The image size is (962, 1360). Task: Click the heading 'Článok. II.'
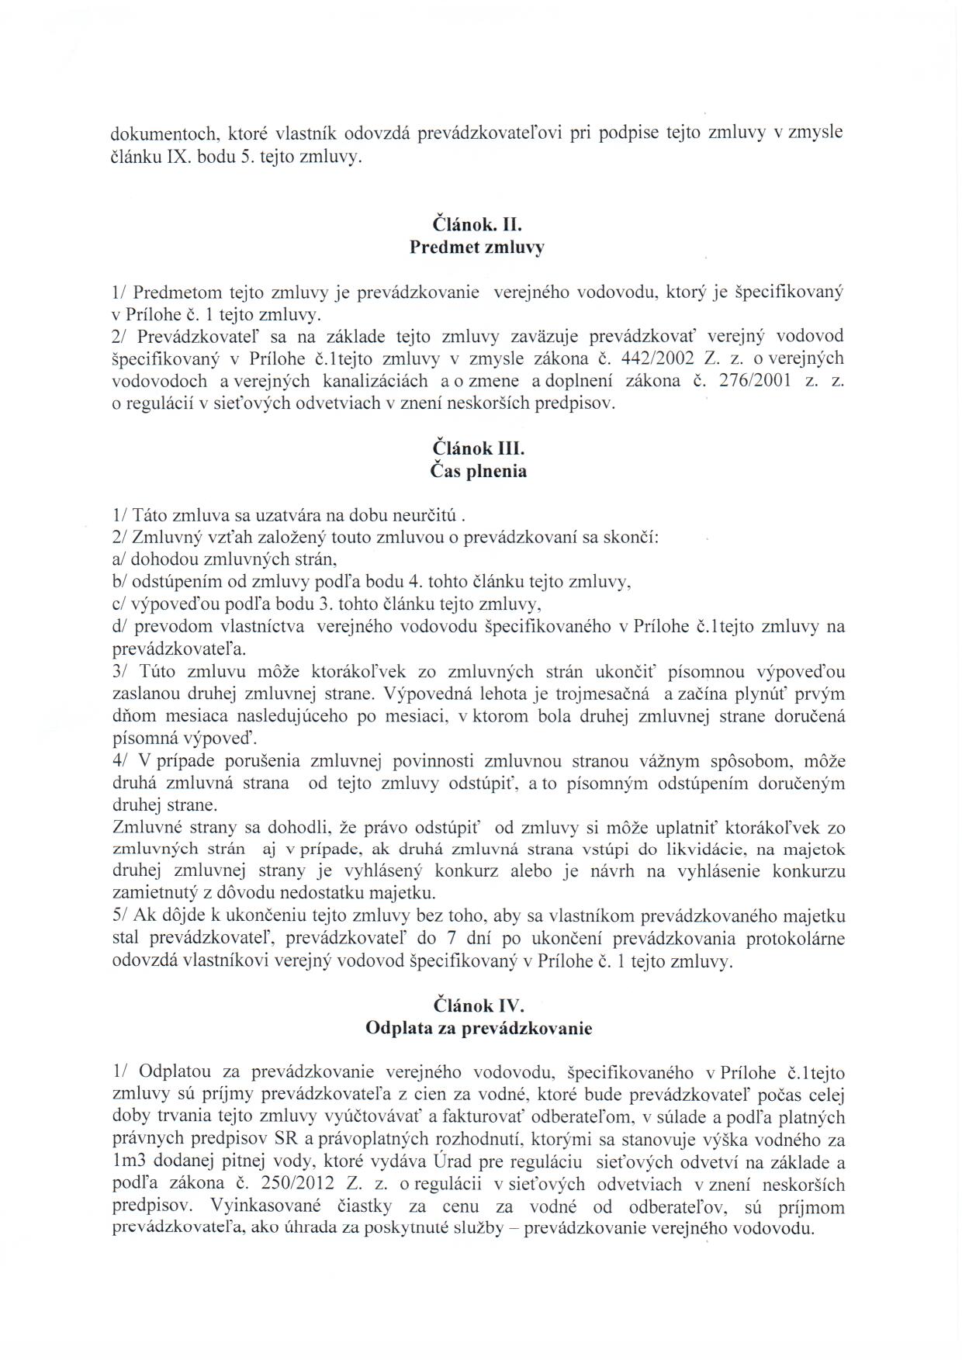(x=479, y=226)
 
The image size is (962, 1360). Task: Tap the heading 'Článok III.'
(x=479, y=448)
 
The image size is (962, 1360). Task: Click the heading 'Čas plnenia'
(x=479, y=471)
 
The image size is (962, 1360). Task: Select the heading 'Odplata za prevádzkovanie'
(x=479, y=1029)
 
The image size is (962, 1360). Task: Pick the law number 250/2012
(x=317, y=1185)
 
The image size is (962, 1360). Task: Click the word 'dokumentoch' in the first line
(x=161, y=133)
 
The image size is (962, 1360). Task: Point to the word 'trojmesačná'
(x=597, y=694)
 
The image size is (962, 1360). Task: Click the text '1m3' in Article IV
(x=127, y=1162)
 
